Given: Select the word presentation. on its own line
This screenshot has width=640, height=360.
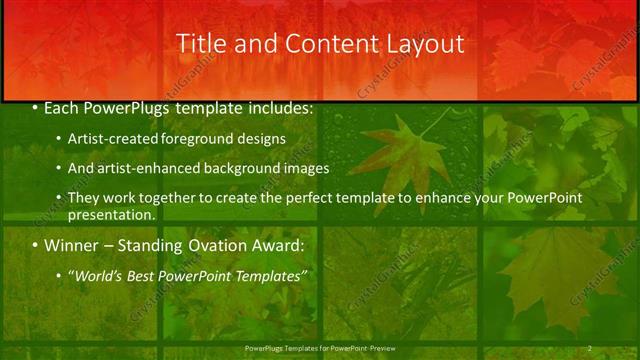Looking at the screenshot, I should (111, 214).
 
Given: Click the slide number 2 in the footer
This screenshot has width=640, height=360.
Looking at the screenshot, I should (590, 347).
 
